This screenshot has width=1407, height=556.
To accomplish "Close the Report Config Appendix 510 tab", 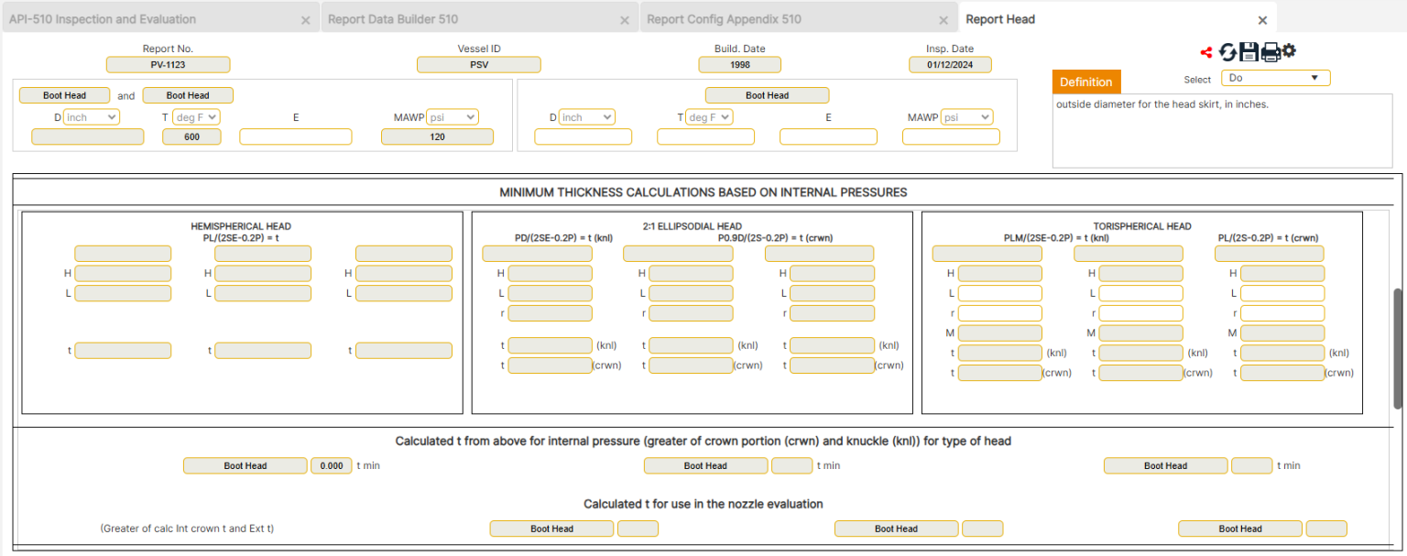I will [x=943, y=20].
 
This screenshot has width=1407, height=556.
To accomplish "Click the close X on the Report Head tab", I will [x=1262, y=20].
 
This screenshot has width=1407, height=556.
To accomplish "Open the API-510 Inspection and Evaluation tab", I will [x=103, y=19].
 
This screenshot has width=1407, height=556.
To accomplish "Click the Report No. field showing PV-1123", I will [x=168, y=65].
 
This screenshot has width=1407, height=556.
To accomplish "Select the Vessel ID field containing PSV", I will [x=478, y=65].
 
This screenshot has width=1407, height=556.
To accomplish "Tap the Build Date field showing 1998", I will [x=739, y=65].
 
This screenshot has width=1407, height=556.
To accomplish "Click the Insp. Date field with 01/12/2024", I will [x=950, y=65].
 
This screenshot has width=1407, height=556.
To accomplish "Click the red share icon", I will [x=1206, y=52].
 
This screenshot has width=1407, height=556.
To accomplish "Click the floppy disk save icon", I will [x=1249, y=52].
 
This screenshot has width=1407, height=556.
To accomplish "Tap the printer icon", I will [x=1271, y=52].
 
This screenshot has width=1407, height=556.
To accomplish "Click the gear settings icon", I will [x=1289, y=50].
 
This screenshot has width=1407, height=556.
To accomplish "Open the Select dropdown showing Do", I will [x=1275, y=79].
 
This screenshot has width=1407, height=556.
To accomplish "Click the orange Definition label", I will [x=1085, y=82].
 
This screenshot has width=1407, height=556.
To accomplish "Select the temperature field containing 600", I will [x=191, y=136].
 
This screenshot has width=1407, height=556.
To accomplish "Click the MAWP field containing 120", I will [x=437, y=136].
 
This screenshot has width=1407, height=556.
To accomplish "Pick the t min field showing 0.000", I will [x=332, y=465].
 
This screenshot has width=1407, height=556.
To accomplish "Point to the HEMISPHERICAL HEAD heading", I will [x=241, y=226].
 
